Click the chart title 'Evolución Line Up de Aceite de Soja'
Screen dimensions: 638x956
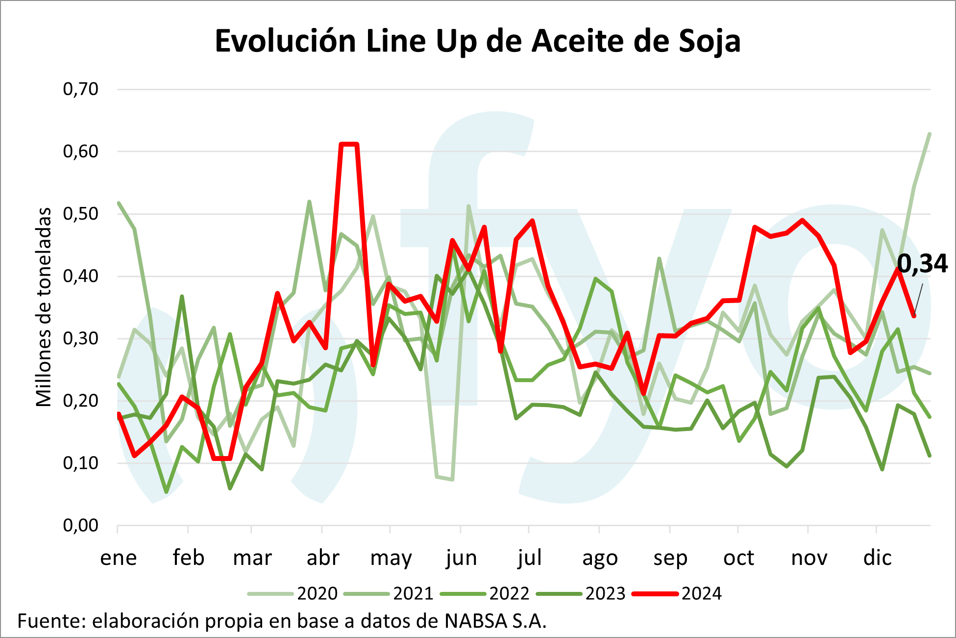[x=477, y=41]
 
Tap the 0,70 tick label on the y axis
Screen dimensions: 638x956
[x=81, y=89]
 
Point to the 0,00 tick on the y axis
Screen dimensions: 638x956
[x=81, y=526]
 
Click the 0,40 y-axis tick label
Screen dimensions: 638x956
[x=81, y=277]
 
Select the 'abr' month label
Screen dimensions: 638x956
[x=322, y=558]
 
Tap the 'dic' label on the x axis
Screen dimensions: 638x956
[x=877, y=558]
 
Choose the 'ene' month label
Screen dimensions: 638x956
[x=118, y=558]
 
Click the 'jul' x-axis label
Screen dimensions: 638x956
[x=529, y=558]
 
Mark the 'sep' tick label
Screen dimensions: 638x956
[x=670, y=558]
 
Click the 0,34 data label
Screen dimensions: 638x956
[x=922, y=264]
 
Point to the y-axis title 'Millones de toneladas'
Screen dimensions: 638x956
[x=44, y=307]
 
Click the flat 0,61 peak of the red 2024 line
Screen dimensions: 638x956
[x=349, y=144]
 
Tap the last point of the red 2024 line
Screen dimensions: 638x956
[x=914, y=316]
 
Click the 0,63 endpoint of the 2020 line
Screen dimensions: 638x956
[x=930, y=133]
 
